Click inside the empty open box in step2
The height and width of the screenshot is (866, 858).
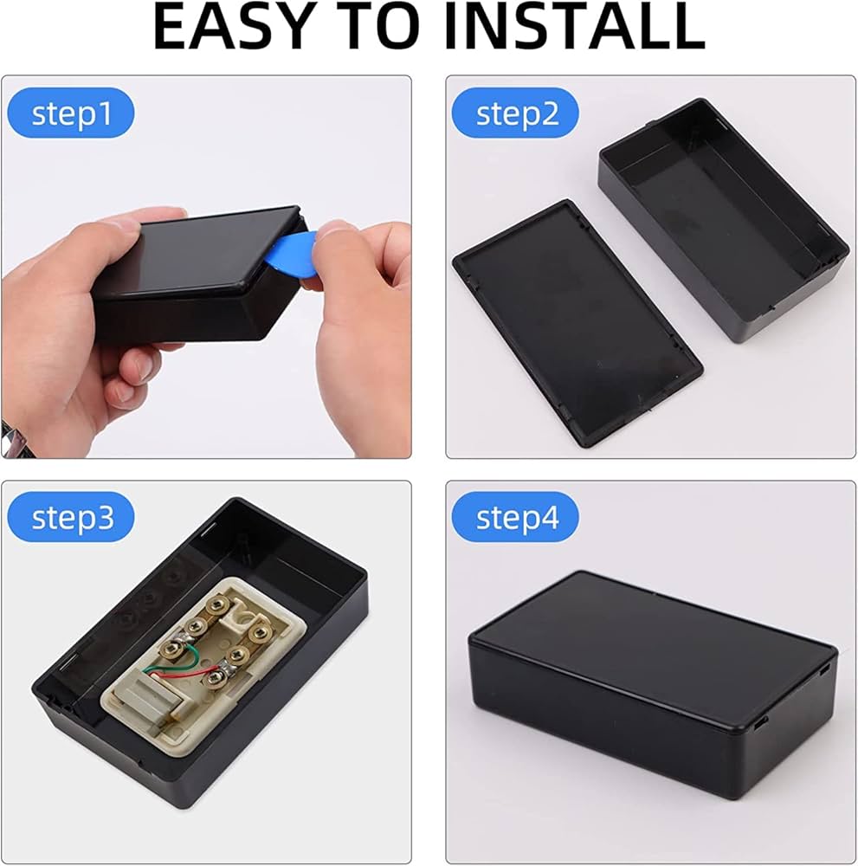[x=719, y=216]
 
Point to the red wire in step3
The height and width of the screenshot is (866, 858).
[x=186, y=676]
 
